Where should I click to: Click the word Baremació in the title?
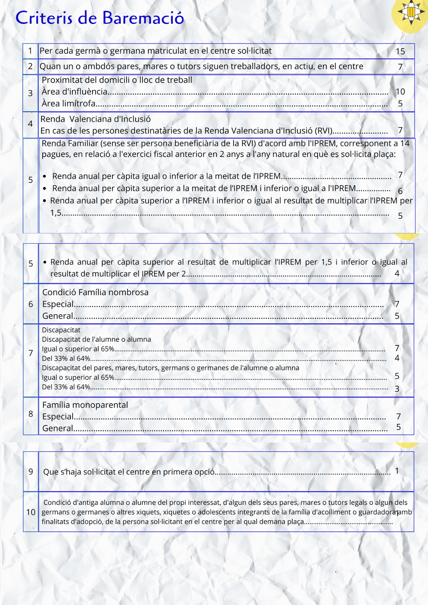tap(143, 18)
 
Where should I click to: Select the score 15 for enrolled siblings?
tap(400, 51)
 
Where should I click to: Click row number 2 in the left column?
tap(30, 66)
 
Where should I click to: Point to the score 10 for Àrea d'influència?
tap(400, 92)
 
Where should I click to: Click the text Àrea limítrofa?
tap(69, 103)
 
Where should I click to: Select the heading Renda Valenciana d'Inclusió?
tap(95, 119)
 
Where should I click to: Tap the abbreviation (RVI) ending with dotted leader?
tap(324, 131)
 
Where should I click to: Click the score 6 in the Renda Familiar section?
tap(400, 191)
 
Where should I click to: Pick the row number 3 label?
tap(30, 93)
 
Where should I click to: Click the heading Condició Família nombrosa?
tap(95, 292)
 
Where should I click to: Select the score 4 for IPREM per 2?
tap(397, 273)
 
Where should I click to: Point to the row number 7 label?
tap(31, 353)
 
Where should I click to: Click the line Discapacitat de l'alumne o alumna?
tap(96, 339)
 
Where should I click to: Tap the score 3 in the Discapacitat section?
tap(397, 389)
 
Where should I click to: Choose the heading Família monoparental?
tap(85, 405)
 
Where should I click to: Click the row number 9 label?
tap(31, 472)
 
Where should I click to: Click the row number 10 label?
tap(31, 512)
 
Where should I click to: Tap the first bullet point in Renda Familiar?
tap(45, 176)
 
